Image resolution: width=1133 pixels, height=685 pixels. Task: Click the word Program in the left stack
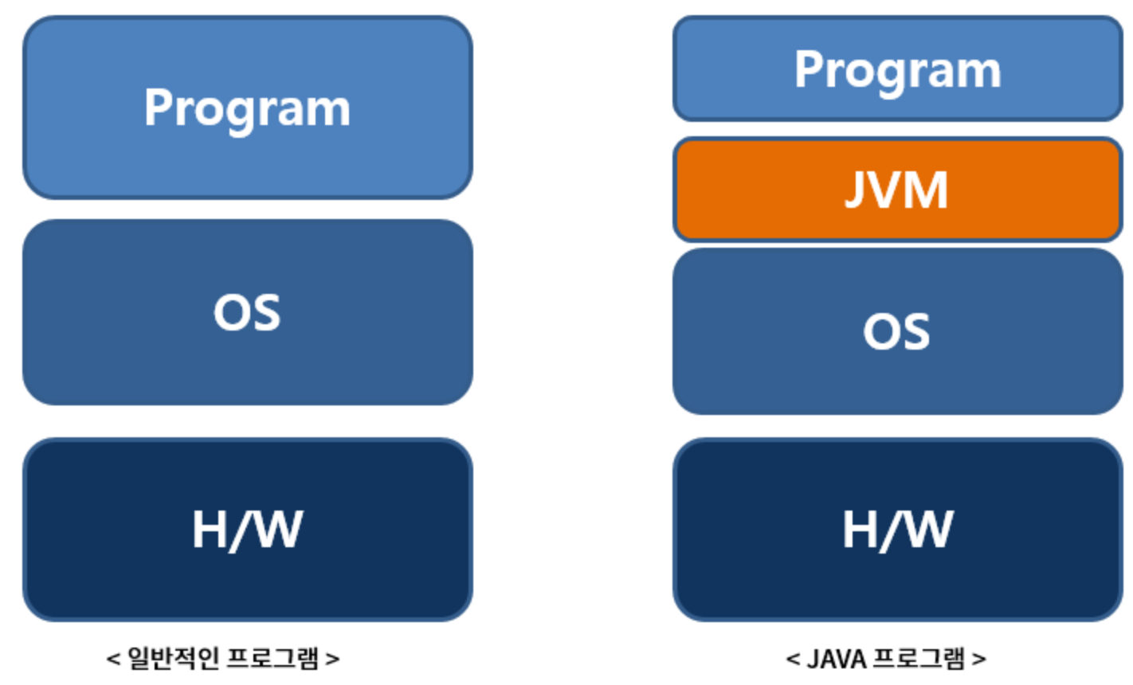[247, 108]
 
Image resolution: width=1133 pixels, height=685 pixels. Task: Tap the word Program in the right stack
[897, 70]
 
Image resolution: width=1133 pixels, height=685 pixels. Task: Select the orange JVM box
[897, 190]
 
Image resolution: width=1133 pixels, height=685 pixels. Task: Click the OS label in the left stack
[247, 312]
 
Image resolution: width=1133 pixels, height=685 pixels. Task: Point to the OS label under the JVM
[896, 331]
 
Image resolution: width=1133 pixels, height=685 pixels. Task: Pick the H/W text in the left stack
[247, 529]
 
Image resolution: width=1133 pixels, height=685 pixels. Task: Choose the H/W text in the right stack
[897, 529]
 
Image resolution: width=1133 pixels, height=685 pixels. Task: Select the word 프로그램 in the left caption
[273, 659]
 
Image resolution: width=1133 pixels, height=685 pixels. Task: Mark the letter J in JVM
[857, 190]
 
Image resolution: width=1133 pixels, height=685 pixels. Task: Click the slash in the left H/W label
[241, 530]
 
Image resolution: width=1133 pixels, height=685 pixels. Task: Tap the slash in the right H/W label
[892, 530]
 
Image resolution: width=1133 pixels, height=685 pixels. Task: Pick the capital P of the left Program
[157, 107]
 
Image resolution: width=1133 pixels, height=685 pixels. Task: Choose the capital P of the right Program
[807, 68]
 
